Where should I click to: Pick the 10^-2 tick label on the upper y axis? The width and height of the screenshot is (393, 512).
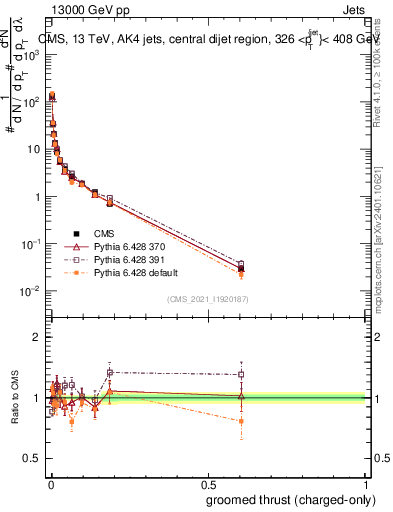tap(31, 292)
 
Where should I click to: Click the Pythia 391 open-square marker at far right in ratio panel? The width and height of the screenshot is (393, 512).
tap(240, 375)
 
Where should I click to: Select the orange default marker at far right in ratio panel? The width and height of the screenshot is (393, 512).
tap(240, 421)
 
